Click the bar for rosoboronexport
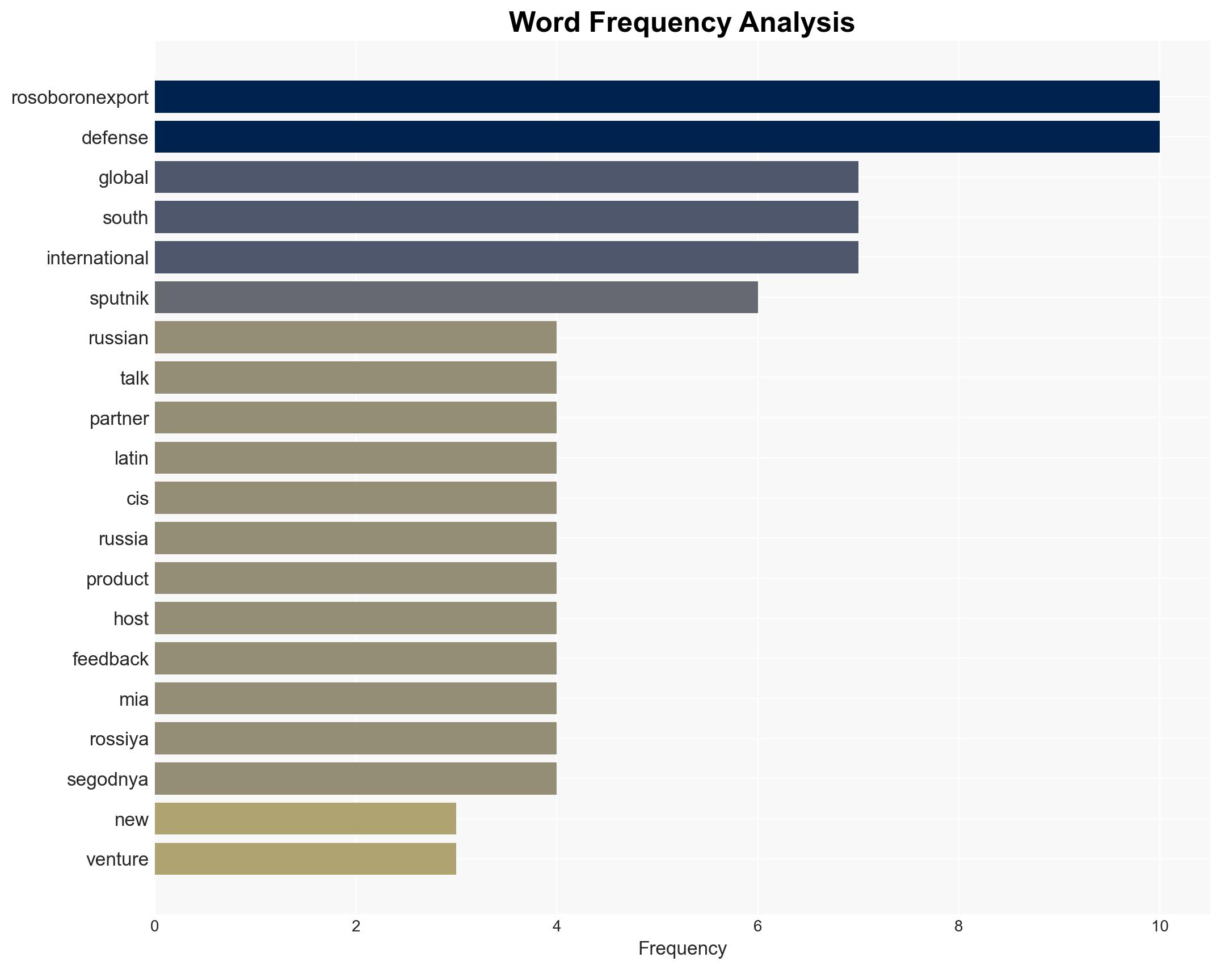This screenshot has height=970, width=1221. click(x=657, y=97)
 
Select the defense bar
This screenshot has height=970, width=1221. click(x=657, y=137)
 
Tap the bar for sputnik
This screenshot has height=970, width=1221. click(x=456, y=297)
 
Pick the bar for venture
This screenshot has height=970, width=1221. click(x=305, y=859)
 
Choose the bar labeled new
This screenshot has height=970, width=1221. click(x=305, y=819)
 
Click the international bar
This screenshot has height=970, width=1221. click(x=506, y=258)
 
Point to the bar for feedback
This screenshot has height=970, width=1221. click(x=356, y=659)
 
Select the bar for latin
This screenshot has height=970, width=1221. click(x=356, y=458)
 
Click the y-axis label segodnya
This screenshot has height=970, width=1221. click(x=108, y=779)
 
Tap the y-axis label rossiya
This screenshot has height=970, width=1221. click(x=119, y=739)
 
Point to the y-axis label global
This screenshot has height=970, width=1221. click(x=123, y=178)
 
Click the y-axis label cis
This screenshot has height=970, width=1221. click(x=137, y=499)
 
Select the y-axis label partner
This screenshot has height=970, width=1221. click(x=119, y=419)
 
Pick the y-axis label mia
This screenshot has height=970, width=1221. click(x=134, y=699)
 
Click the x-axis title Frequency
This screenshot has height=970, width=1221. click(x=682, y=948)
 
